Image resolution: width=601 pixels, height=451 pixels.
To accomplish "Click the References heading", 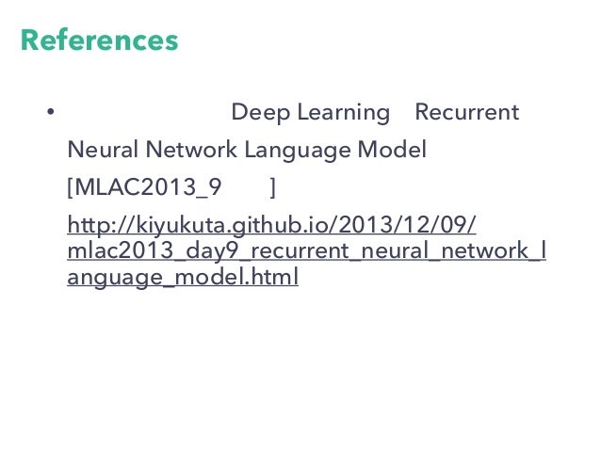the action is (x=99, y=41).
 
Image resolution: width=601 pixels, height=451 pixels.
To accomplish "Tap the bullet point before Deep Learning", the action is (x=49, y=114).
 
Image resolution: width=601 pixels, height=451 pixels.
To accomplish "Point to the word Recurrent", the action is (x=466, y=113).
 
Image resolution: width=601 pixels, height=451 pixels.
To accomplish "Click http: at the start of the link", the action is (x=89, y=227).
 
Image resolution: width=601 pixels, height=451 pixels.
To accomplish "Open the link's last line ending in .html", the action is (x=183, y=278).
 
